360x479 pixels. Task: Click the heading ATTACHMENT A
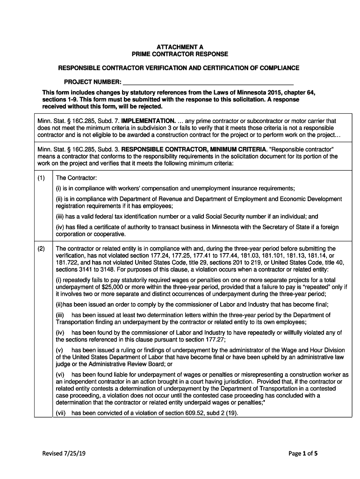[x=180, y=47]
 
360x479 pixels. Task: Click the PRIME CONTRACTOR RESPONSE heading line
[x=180, y=54]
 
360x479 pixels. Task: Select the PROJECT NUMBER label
[x=90, y=82]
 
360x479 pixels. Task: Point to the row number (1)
[x=41, y=178]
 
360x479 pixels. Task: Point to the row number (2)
[x=41, y=248]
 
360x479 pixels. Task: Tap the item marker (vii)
[x=61, y=413]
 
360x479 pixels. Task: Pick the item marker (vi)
[x=61, y=375]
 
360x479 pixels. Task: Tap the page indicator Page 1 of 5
[x=300, y=453]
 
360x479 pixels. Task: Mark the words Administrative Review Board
[x=128, y=364]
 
